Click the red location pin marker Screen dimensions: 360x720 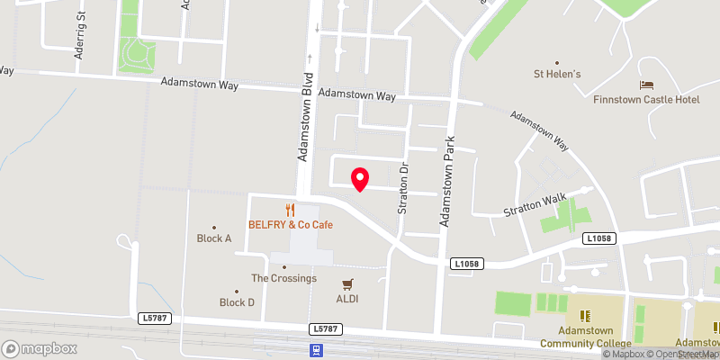[359, 179]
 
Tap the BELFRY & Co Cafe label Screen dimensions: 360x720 [291, 224]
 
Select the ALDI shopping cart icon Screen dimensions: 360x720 [347, 283]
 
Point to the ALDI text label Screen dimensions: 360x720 [347, 299]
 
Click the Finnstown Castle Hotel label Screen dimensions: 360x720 [646, 99]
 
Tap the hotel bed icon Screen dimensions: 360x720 [646, 85]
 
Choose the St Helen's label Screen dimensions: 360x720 [557, 74]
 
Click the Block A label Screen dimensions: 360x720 [214, 238]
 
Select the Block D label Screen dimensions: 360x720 [237, 302]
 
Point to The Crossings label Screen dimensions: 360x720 [283, 278]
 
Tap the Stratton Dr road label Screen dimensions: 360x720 [404, 187]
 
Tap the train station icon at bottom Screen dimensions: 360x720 [316, 350]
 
